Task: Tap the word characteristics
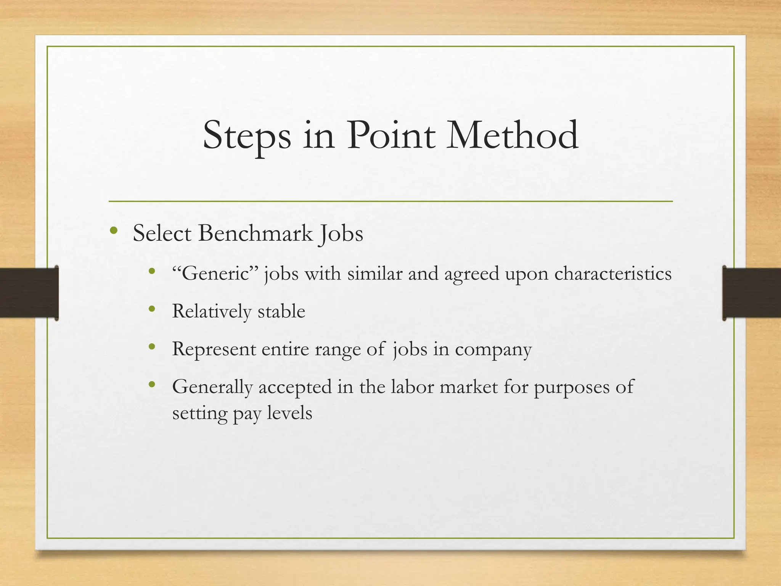[612, 274]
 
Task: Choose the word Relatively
[212, 311]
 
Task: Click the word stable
[281, 311]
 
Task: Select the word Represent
[214, 349]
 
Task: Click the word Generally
[212, 387]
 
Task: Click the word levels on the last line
[289, 413]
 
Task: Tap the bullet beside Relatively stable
[152, 309]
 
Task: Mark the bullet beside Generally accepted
[152, 385]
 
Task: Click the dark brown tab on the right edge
[751, 293]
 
